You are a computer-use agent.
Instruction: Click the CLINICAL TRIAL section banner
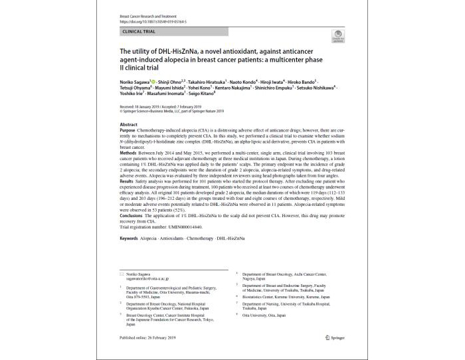coord(139,31)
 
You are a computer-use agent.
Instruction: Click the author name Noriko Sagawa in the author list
coord(135,78)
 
